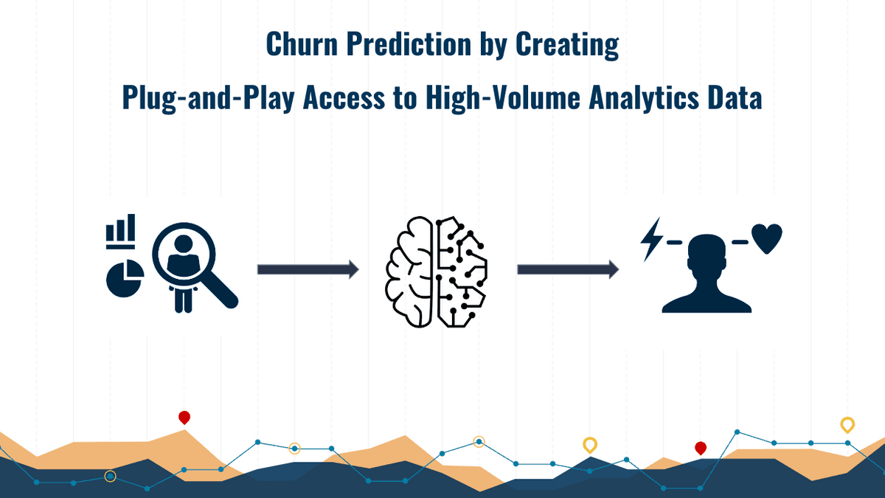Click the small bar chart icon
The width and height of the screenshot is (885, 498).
point(121,231)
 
